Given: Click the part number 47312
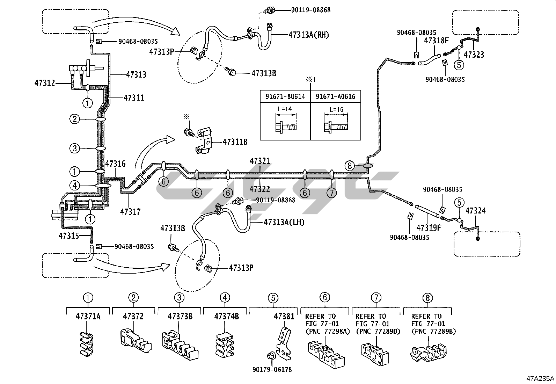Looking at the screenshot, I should point(45,83).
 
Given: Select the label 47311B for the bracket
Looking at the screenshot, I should point(235,142).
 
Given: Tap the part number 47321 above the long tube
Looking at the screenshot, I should point(260,161).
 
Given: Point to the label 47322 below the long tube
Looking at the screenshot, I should point(260,189).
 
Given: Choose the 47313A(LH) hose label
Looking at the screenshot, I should point(284,222).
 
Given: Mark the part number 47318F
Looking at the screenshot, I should point(436,41).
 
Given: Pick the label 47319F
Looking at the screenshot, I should point(429,228).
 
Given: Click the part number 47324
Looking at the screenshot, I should point(476,211).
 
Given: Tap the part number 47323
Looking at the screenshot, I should point(474,55).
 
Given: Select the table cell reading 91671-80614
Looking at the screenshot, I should point(285,97).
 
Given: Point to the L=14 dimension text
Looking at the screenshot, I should point(285,109).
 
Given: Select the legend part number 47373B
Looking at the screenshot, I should point(180,317).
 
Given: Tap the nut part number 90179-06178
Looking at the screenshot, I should point(273,369).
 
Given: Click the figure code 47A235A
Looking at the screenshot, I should point(540,378).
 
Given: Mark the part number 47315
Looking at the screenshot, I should point(69,236).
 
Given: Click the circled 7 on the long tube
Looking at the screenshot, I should point(331,193).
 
